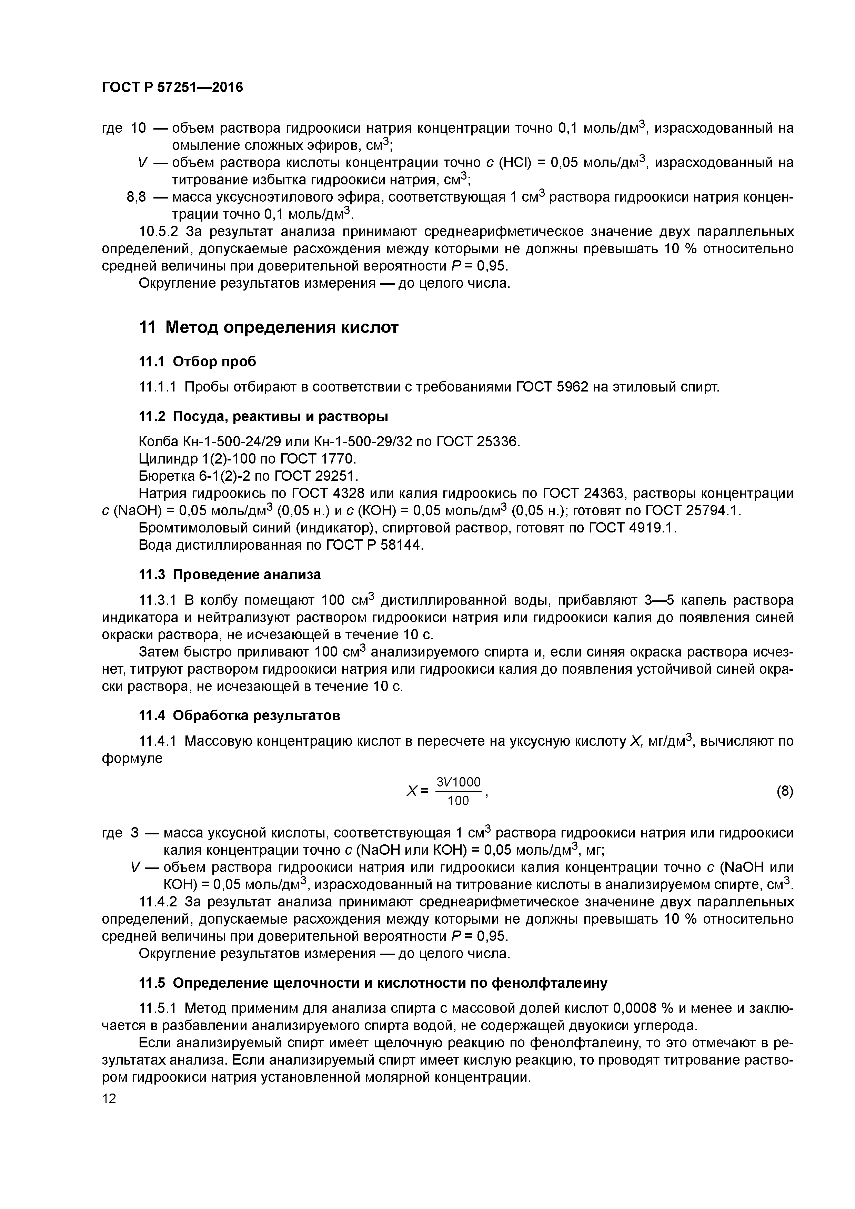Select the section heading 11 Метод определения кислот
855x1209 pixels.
[269, 327]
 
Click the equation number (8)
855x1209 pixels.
[784, 791]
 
